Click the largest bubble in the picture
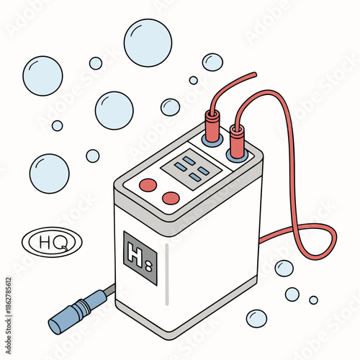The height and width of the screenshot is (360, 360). point(148,42)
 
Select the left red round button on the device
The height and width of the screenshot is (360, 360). point(148,185)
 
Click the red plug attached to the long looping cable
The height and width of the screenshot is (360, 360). point(237,139)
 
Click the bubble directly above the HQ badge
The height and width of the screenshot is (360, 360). point(50,173)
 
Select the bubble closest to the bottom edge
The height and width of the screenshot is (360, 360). point(256,318)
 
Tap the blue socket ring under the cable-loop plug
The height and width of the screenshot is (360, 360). point(237,153)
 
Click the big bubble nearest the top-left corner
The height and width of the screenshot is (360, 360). point(42,76)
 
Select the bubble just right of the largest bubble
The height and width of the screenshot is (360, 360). point(212,62)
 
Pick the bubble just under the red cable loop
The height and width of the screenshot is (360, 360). point(284,268)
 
